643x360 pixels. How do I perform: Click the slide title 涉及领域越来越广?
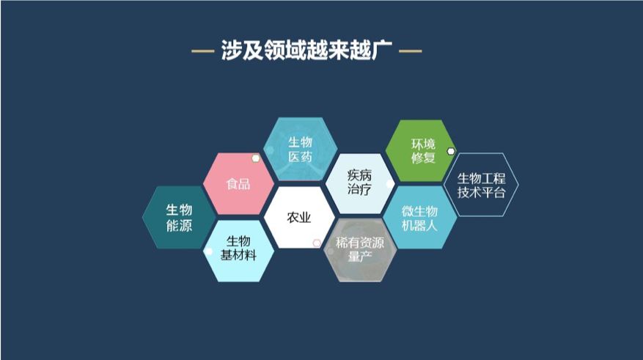pyautogui.click(x=306, y=51)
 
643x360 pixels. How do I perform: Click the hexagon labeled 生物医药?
pyautogui.click(x=300, y=149)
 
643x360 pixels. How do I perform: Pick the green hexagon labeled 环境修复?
pyautogui.click(x=422, y=150)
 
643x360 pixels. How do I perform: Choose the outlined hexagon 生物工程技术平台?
pyautogui.click(x=482, y=184)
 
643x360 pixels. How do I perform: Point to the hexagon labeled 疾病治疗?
pyautogui.click(x=359, y=183)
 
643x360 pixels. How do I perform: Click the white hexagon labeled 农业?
pyautogui.click(x=298, y=218)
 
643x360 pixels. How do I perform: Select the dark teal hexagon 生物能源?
pyautogui.click(x=178, y=218)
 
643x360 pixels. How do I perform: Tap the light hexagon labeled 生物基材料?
pyautogui.click(x=238, y=249)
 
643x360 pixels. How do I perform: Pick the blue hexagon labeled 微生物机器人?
pyautogui.click(x=420, y=218)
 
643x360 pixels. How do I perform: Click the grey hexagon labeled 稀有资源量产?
pyautogui.click(x=360, y=249)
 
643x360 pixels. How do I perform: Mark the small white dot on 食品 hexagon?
pyautogui.click(x=255, y=158)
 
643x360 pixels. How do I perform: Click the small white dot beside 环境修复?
pyautogui.click(x=451, y=152)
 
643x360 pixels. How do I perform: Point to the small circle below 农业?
pyautogui.click(x=317, y=243)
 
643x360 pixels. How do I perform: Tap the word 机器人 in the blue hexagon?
pyautogui.click(x=420, y=226)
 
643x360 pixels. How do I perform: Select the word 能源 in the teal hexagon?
pyautogui.click(x=178, y=226)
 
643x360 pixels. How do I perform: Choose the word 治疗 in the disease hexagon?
pyautogui.click(x=359, y=191)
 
